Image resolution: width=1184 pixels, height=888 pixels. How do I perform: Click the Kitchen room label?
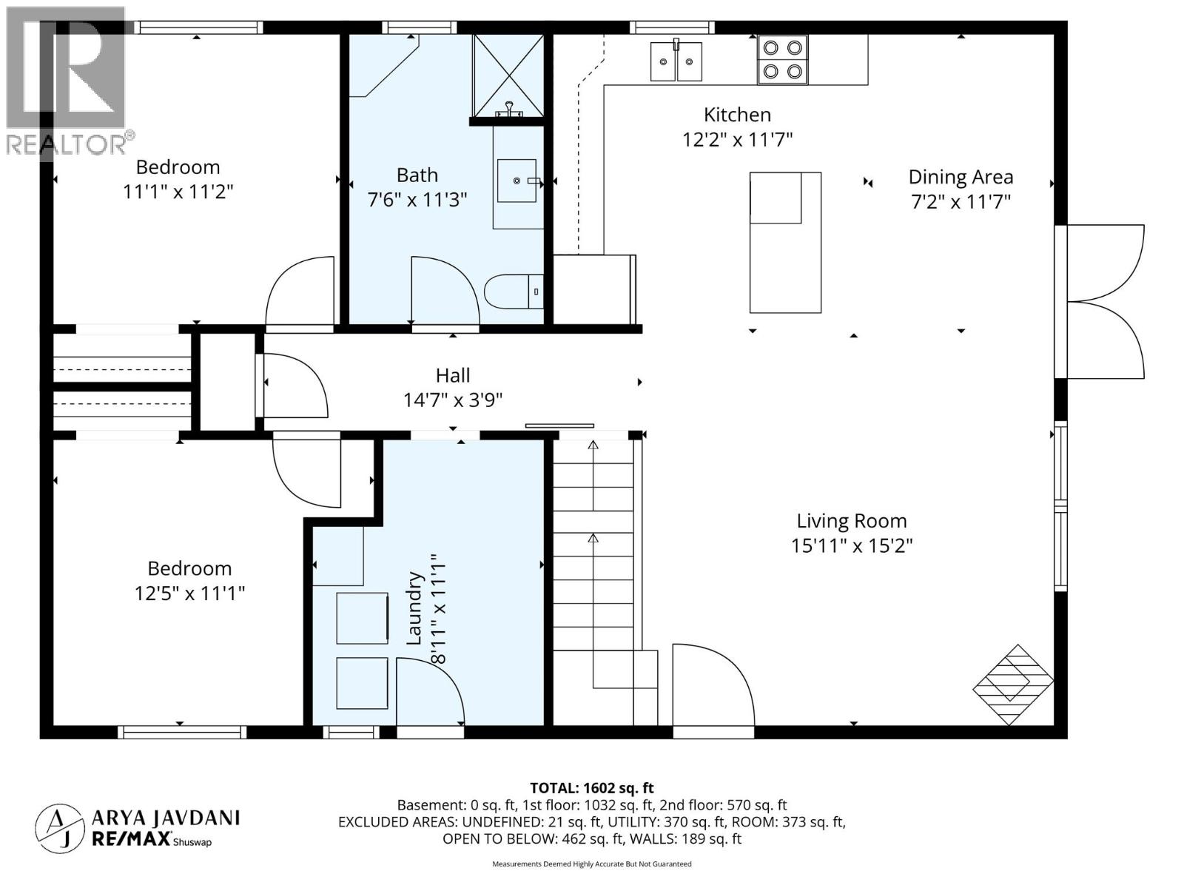pyautogui.click(x=737, y=115)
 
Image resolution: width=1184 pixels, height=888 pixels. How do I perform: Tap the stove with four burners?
pyautogui.click(x=782, y=59)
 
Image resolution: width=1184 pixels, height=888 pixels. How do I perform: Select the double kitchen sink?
pyautogui.click(x=676, y=61)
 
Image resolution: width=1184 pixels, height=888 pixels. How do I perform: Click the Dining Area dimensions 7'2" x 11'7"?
pyautogui.click(x=961, y=201)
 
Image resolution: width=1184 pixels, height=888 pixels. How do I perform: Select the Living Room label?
pyautogui.click(x=851, y=521)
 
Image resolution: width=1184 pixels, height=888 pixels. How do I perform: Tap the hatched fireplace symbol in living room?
pyautogui.click(x=1012, y=684)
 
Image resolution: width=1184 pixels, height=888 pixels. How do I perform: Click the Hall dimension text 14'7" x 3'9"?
pyautogui.click(x=453, y=400)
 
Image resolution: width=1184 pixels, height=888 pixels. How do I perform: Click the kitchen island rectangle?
pyautogui.click(x=785, y=243)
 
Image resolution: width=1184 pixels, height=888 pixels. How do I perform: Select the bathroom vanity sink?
pyautogui.click(x=517, y=180)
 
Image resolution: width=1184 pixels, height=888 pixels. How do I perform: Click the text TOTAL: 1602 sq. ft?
pyautogui.click(x=591, y=788)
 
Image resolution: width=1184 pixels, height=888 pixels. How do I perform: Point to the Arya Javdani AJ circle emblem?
pyautogui.click(x=59, y=827)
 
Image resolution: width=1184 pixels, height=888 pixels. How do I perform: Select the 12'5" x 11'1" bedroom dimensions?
pyautogui.click(x=189, y=593)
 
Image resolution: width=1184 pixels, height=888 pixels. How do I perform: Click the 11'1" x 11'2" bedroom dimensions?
pyautogui.click(x=178, y=192)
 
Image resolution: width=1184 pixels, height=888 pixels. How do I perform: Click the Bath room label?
pyautogui.click(x=417, y=175)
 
